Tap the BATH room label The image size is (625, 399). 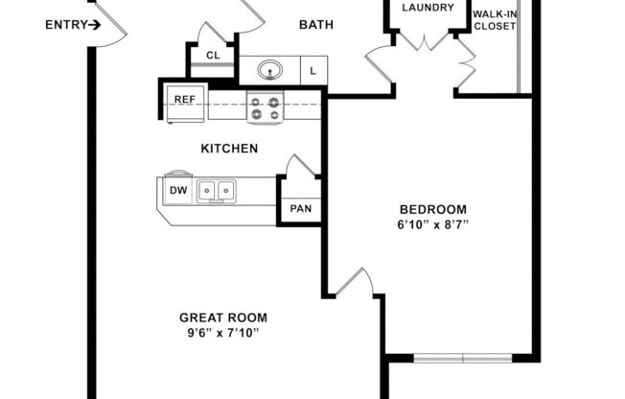[x=315, y=25]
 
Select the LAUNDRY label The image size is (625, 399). [x=427, y=9]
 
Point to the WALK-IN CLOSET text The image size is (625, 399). [x=494, y=19]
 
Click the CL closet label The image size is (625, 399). [x=213, y=56]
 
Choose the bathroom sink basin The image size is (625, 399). [x=271, y=70]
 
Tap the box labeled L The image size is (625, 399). [x=313, y=70]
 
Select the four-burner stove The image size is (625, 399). [x=265, y=106]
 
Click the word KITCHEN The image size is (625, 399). [x=228, y=149]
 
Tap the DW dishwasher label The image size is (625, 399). [x=178, y=191]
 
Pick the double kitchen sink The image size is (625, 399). [x=218, y=191]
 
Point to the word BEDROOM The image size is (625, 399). [x=433, y=210]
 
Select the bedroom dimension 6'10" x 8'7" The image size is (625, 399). [x=433, y=225]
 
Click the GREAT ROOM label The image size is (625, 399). [x=223, y=317]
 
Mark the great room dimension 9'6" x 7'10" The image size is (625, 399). [x=223, y=333]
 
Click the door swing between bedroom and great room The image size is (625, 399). [x=357, y=283]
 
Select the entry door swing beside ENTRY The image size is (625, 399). [x=110, y=24]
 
